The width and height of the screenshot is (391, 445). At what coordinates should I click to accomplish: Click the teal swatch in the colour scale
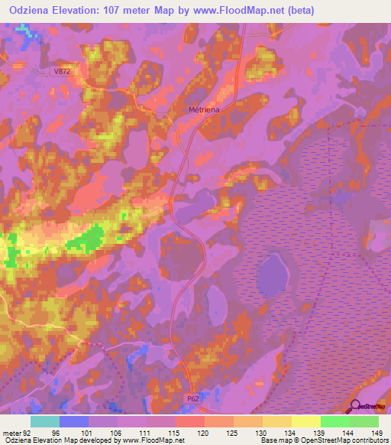pos(44,422)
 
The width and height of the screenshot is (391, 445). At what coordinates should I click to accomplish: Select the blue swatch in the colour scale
pos(73,422)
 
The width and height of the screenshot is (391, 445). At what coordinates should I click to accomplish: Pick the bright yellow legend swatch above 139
pos(305,422)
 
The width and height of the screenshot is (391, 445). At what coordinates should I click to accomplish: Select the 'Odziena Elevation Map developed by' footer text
pos(61,440)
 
